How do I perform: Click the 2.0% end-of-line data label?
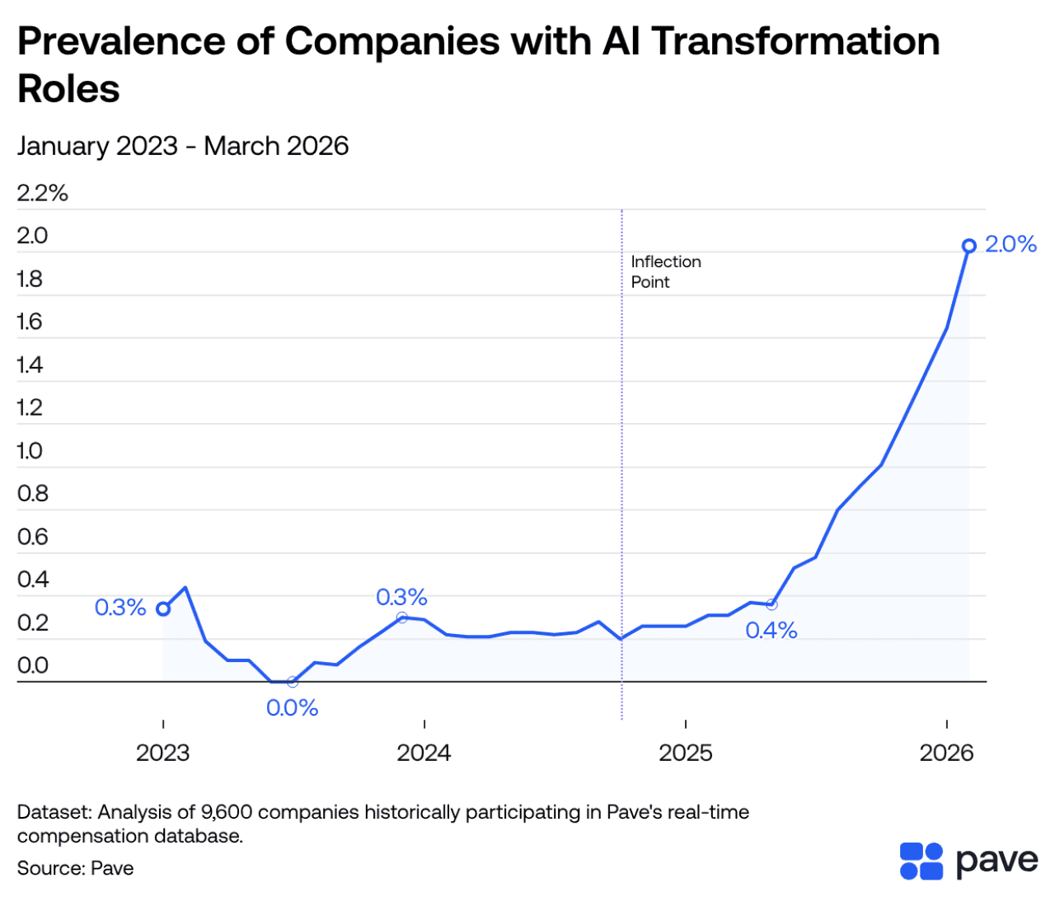(1010, 244)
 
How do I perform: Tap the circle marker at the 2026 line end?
(969, 246)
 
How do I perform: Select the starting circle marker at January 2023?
(163, 608)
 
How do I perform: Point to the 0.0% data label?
(292, 708)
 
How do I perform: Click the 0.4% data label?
(771, 631)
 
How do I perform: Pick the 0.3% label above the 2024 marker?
(401, 597)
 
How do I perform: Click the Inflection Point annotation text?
(665, 271)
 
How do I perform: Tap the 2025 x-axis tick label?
(685, 753)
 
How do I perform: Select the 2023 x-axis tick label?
(163, 753)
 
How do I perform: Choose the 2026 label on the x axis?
(946, 753)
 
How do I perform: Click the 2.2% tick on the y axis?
(42, 193)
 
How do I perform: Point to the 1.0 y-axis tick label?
(30, 451)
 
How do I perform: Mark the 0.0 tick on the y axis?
(32, 665)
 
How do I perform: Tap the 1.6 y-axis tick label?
(30, 322)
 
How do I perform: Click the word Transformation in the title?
(795, 41)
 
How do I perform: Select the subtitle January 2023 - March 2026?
(183, 146)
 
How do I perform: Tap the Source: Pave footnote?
(75, 868)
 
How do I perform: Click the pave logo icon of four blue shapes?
(921, 862)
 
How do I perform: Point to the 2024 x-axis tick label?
(424, 753)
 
